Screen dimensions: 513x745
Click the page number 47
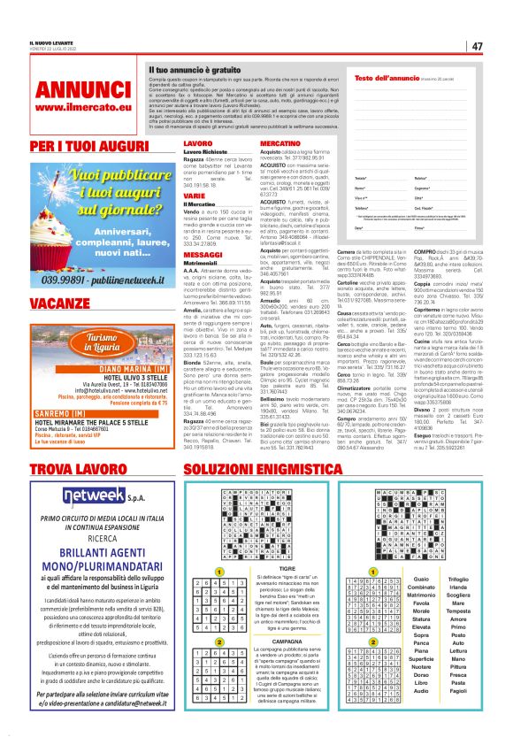476,46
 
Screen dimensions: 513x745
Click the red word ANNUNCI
73,89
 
